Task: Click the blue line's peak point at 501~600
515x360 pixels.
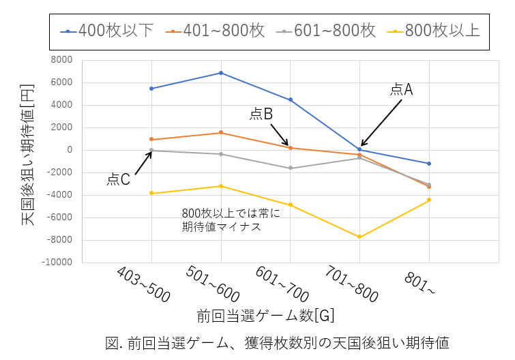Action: point(221,73)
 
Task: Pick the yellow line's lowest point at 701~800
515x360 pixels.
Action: point(359,237)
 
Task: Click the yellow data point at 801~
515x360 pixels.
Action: point(429,200)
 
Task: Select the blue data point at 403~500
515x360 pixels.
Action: point(151,89)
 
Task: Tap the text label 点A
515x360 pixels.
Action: point(402,89)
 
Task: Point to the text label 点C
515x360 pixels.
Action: point(118,179)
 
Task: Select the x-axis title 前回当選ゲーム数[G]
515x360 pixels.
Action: point(265,316)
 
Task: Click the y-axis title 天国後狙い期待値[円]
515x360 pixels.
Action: point(27,161)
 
